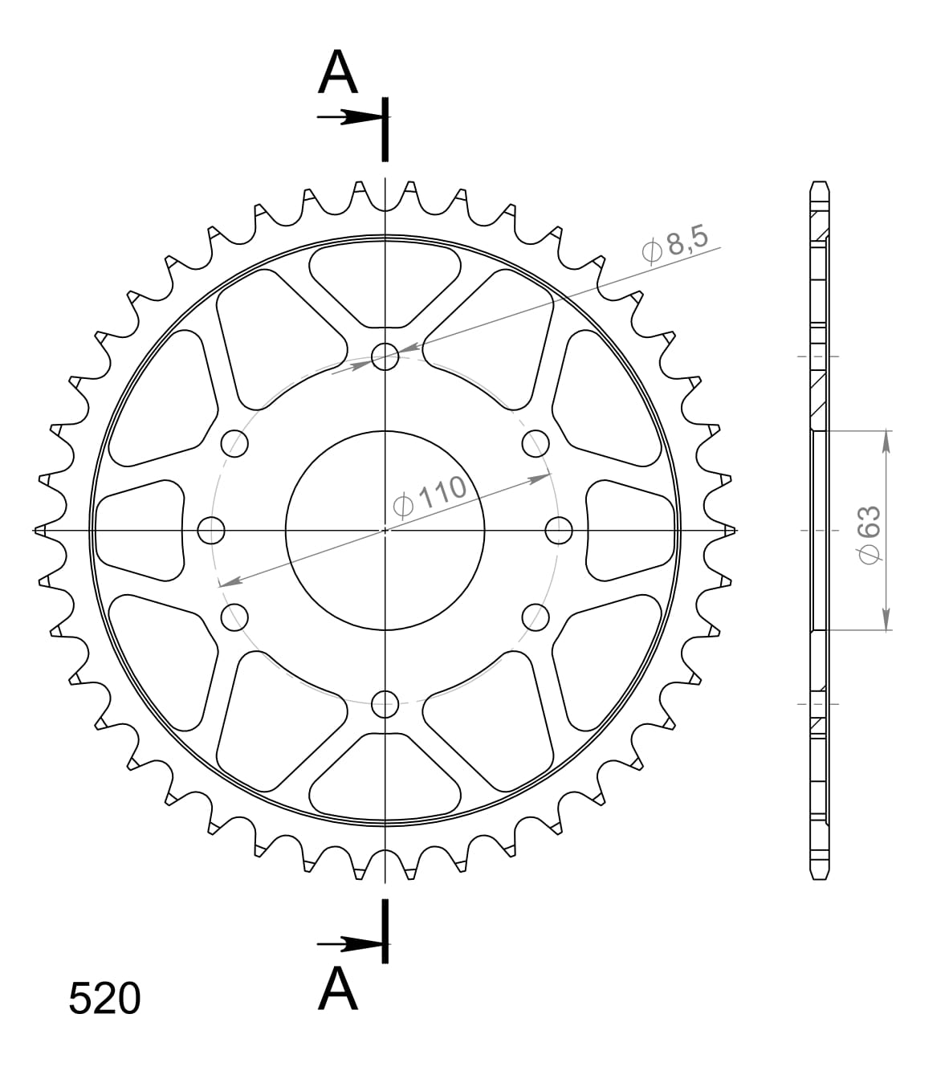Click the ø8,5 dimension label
tap(675, 244)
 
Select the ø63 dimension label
tap(870, 535)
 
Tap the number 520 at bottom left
tap(104, 1000)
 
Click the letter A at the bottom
tap(337, 988)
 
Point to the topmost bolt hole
tap(386, 356)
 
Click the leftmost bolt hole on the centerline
tap(211, 530)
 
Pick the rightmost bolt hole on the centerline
tap(560, 530)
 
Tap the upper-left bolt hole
tap(234, 442)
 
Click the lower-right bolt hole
tap(536, 617)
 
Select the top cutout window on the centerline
tap(385, 285)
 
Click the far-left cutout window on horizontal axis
tap(138, 530)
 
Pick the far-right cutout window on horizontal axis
tap(630, 530)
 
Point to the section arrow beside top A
tap(349, 117)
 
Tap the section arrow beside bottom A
tap(349, 943)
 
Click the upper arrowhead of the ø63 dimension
tap(886, 441)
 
